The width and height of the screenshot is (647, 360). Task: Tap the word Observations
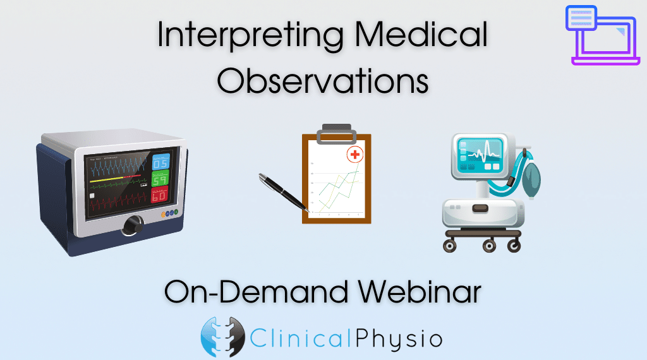(323, 80)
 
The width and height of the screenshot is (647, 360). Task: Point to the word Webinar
(420, 292)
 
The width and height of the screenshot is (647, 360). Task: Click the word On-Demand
(257, 292)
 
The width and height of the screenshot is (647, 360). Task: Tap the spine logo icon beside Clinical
(222, 337)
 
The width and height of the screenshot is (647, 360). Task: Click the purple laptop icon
(602, 35)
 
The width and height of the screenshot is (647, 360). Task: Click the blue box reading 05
(160, 162)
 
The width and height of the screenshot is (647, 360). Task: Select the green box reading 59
(160, 179)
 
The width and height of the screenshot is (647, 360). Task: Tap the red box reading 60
(159, 195)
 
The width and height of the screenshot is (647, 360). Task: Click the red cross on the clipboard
(355, 155)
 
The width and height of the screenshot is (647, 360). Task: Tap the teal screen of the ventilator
(480, 154)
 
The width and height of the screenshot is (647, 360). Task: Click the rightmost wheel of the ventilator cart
(514, 246)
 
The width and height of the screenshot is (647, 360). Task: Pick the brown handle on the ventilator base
(480, 208)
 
